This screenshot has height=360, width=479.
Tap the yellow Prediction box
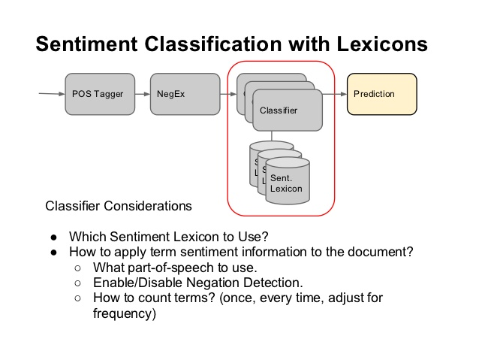(x=381, y=94)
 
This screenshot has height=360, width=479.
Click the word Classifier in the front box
(x=279, y=110)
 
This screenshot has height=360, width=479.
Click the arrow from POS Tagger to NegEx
(x=143, y=94)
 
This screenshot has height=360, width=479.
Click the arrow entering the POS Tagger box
(x=52, y=94)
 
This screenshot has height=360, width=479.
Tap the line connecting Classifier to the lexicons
(x=272, y=136)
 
